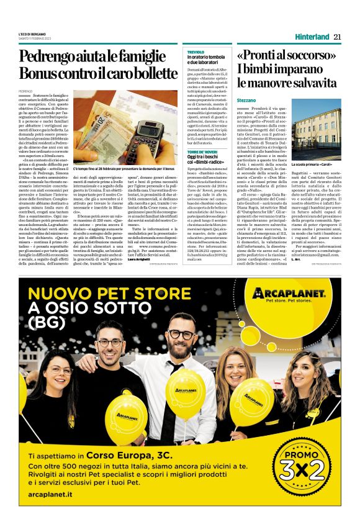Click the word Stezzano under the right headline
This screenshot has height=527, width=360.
(247, 100)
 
